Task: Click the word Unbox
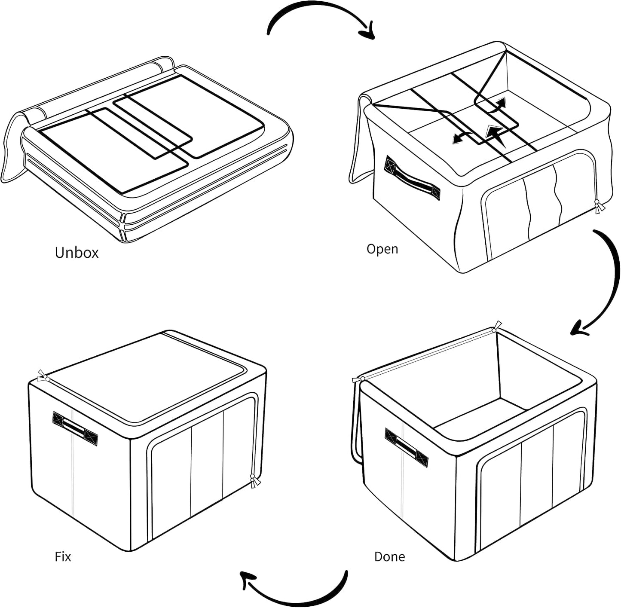coord(76,253)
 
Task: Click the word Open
coord(382,249)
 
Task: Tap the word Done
coord(389,556)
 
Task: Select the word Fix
coord(63,556)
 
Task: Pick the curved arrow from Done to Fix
coord(297,595)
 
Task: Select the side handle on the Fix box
coord(75,429)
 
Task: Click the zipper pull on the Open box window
coord(599,207)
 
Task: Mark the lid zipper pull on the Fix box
coord(43,376)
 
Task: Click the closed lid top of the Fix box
coord(146,378)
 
